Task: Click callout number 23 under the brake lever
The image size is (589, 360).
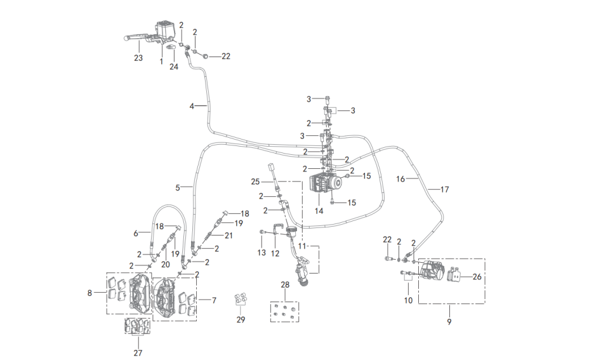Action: pos(138,58)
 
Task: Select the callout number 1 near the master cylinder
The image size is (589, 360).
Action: pos(161,62)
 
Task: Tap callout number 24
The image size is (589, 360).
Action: pos(174,67)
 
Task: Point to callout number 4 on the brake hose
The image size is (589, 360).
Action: pos(192,106)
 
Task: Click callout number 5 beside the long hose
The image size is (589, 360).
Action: pos(178,187)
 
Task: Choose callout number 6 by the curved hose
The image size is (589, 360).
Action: pos(136,234)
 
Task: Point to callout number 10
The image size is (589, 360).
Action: pos(408,300)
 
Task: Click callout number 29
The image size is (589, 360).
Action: pos(241,319)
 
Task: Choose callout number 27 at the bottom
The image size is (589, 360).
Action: pos(138,353)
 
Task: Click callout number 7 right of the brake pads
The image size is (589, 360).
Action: pos(214,300)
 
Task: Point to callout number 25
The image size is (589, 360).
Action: pos(255,182)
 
